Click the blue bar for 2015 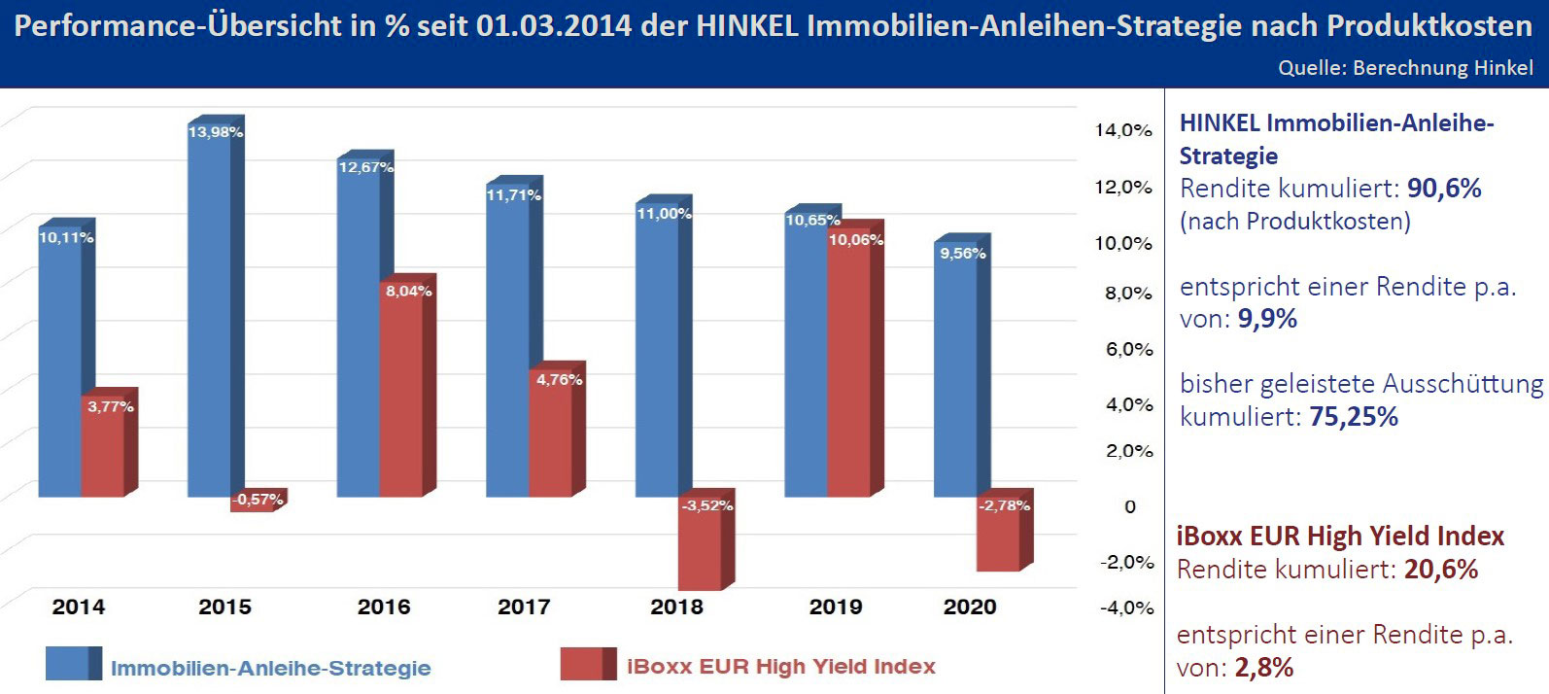click(x=209, y=311)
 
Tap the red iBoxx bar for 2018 click(x=701, y=544)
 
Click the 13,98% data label click(x=215, y=132)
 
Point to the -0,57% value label click(x=258, y=500)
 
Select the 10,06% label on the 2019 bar click(x=855, y=240)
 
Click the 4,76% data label click(x=559, y=379)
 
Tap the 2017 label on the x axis click(x=524, y=607)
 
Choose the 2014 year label click(x=78, y=607)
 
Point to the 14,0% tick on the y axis click(x=1123, y=130)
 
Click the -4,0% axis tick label click(x=1126, y=608)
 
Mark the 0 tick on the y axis click(x=1130, y=506)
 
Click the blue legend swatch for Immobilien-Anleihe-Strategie click(x=73, y=664)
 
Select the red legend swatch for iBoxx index click(x=588, y=664)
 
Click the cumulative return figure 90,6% click(x=1444, y=189)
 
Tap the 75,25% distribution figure click(x=1354, y=417)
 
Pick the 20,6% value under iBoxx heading click(x=1440, y=570)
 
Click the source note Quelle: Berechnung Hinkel click(x=1405, y=68)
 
